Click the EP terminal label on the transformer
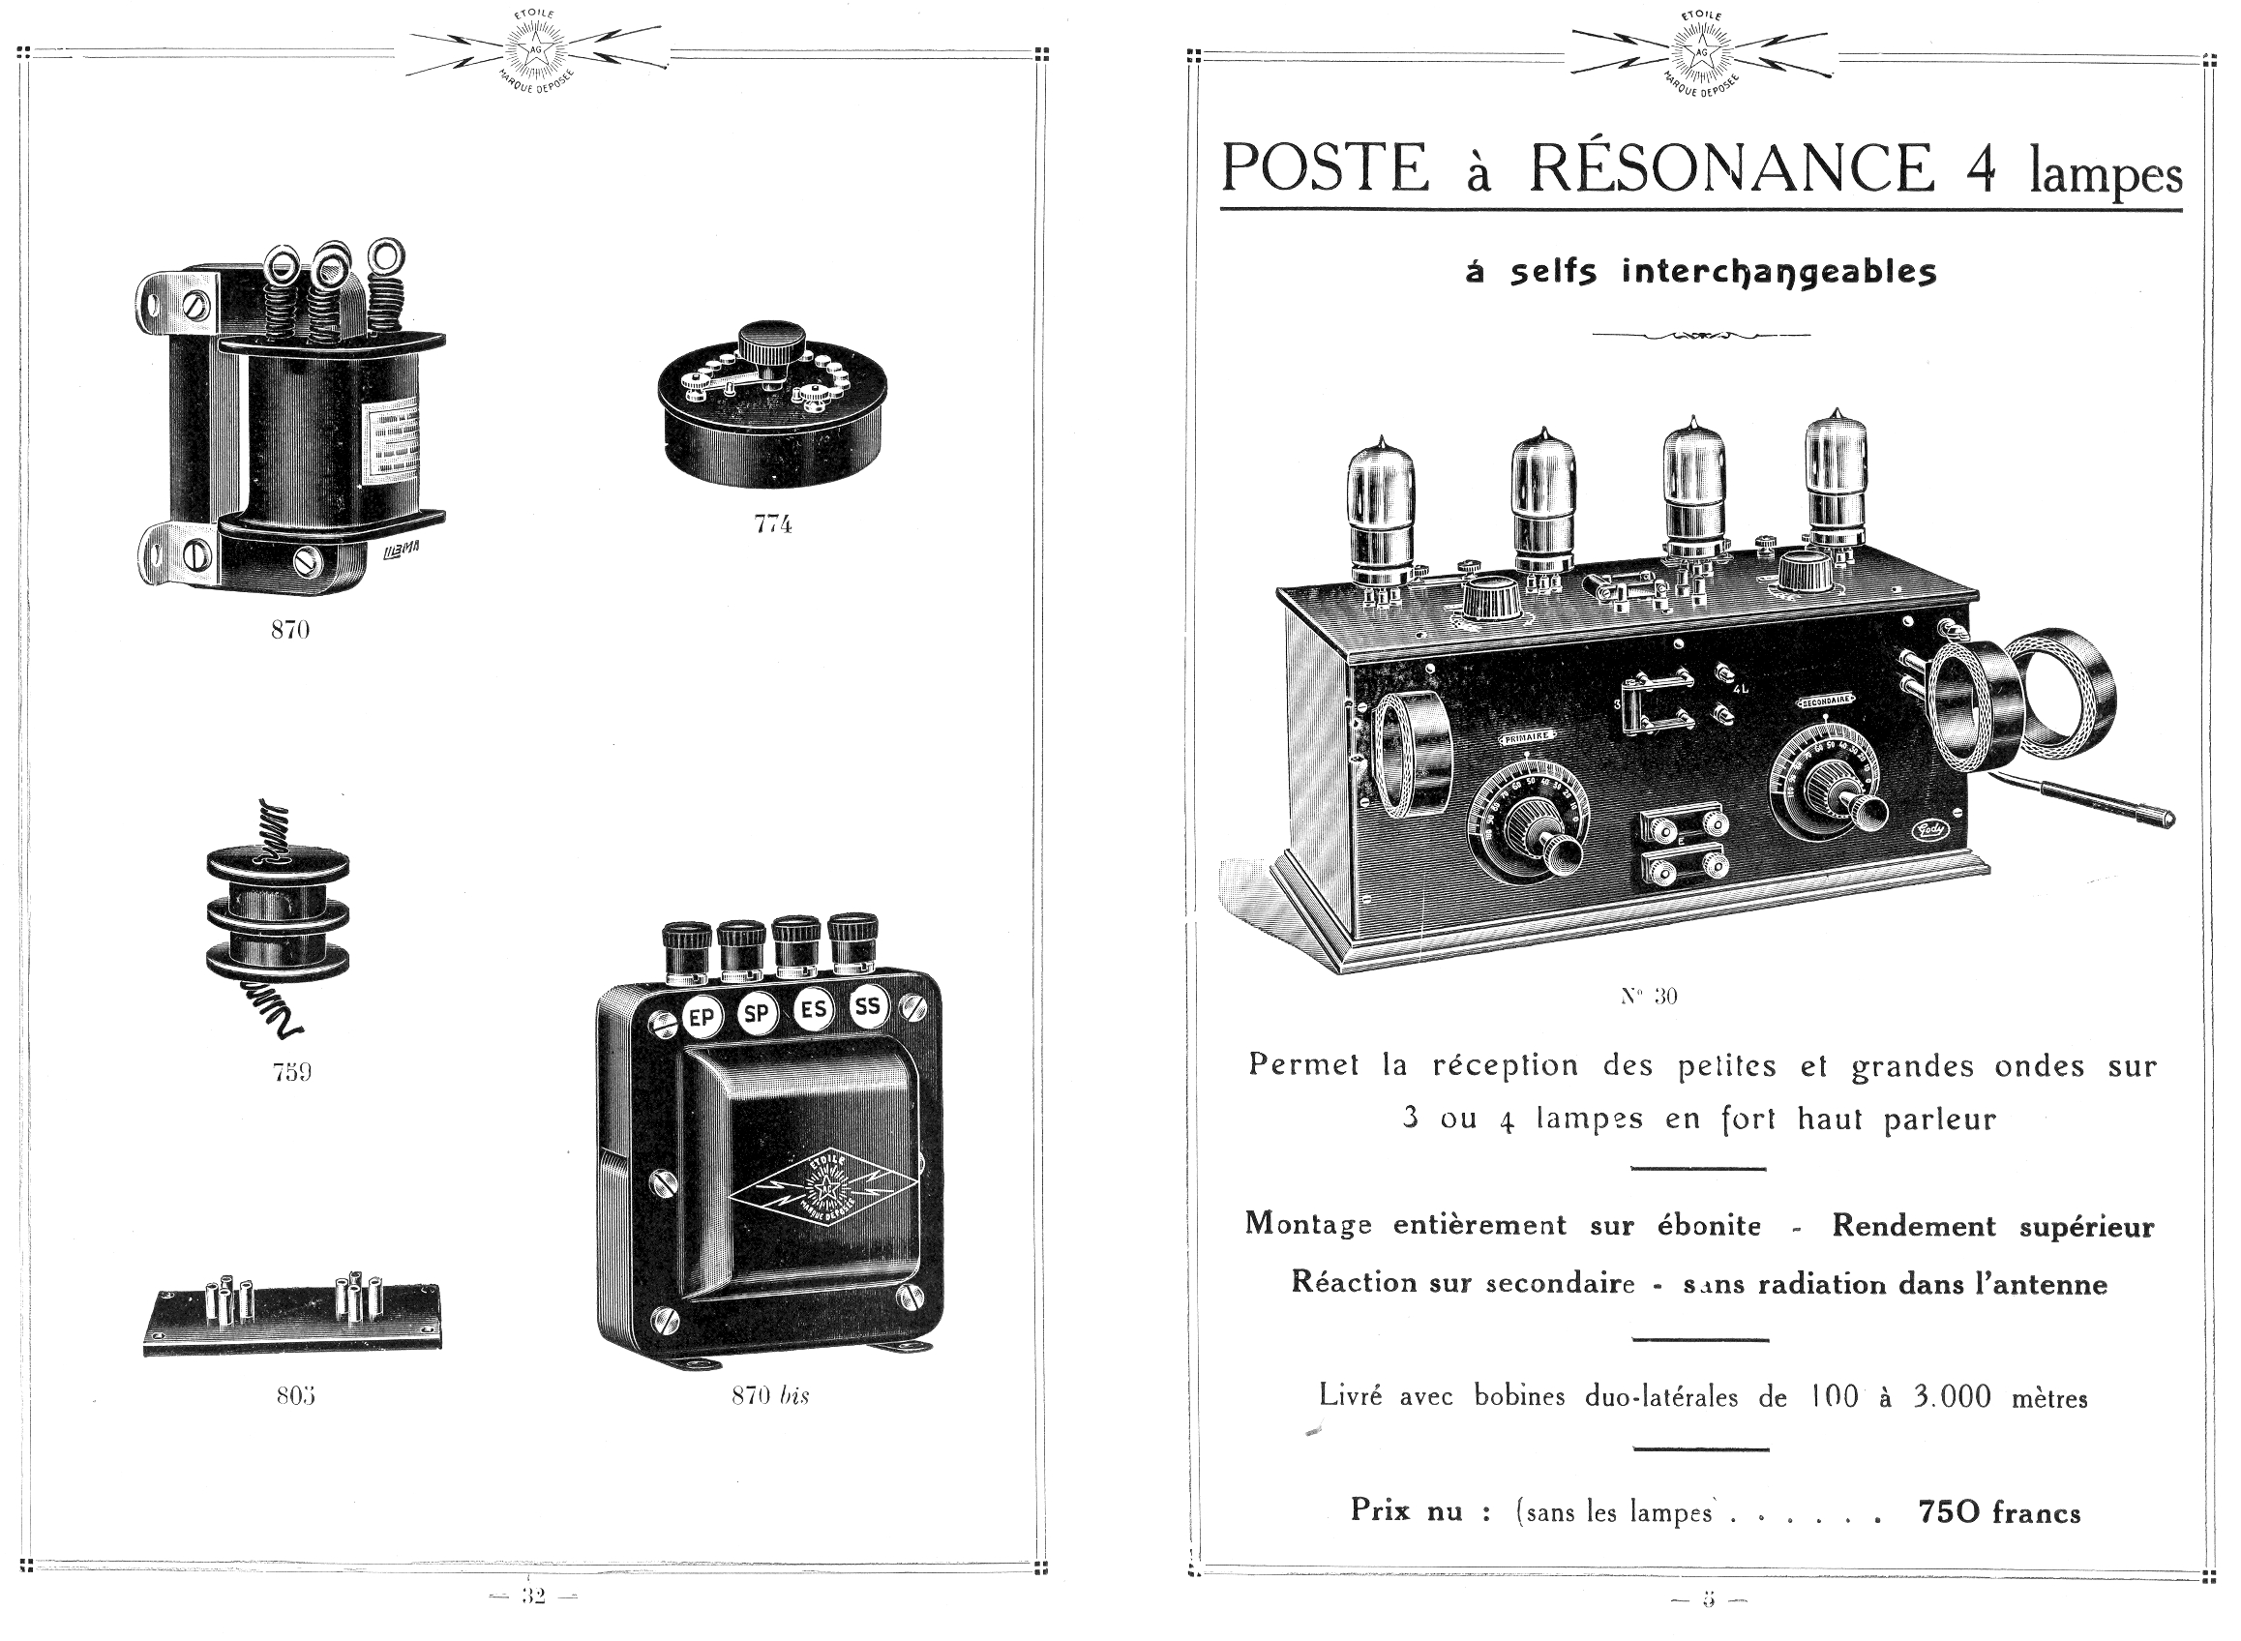(702, 1017)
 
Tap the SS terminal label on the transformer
(867, 1006)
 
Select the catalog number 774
(773, 523)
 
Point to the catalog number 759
(292, 1072)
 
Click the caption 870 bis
(770, 1395)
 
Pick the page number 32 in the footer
(533, 1596)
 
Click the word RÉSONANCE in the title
(1731, 169)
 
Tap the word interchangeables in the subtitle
(1778, 272)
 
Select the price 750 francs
(1999, 1512)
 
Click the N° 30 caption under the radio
(1649, 996)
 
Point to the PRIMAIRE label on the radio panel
(1527, 737)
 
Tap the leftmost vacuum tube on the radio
(1381, 517)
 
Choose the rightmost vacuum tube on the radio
(1836, 477)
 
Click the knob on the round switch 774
(770, 343)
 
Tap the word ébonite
(1709, 1226)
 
